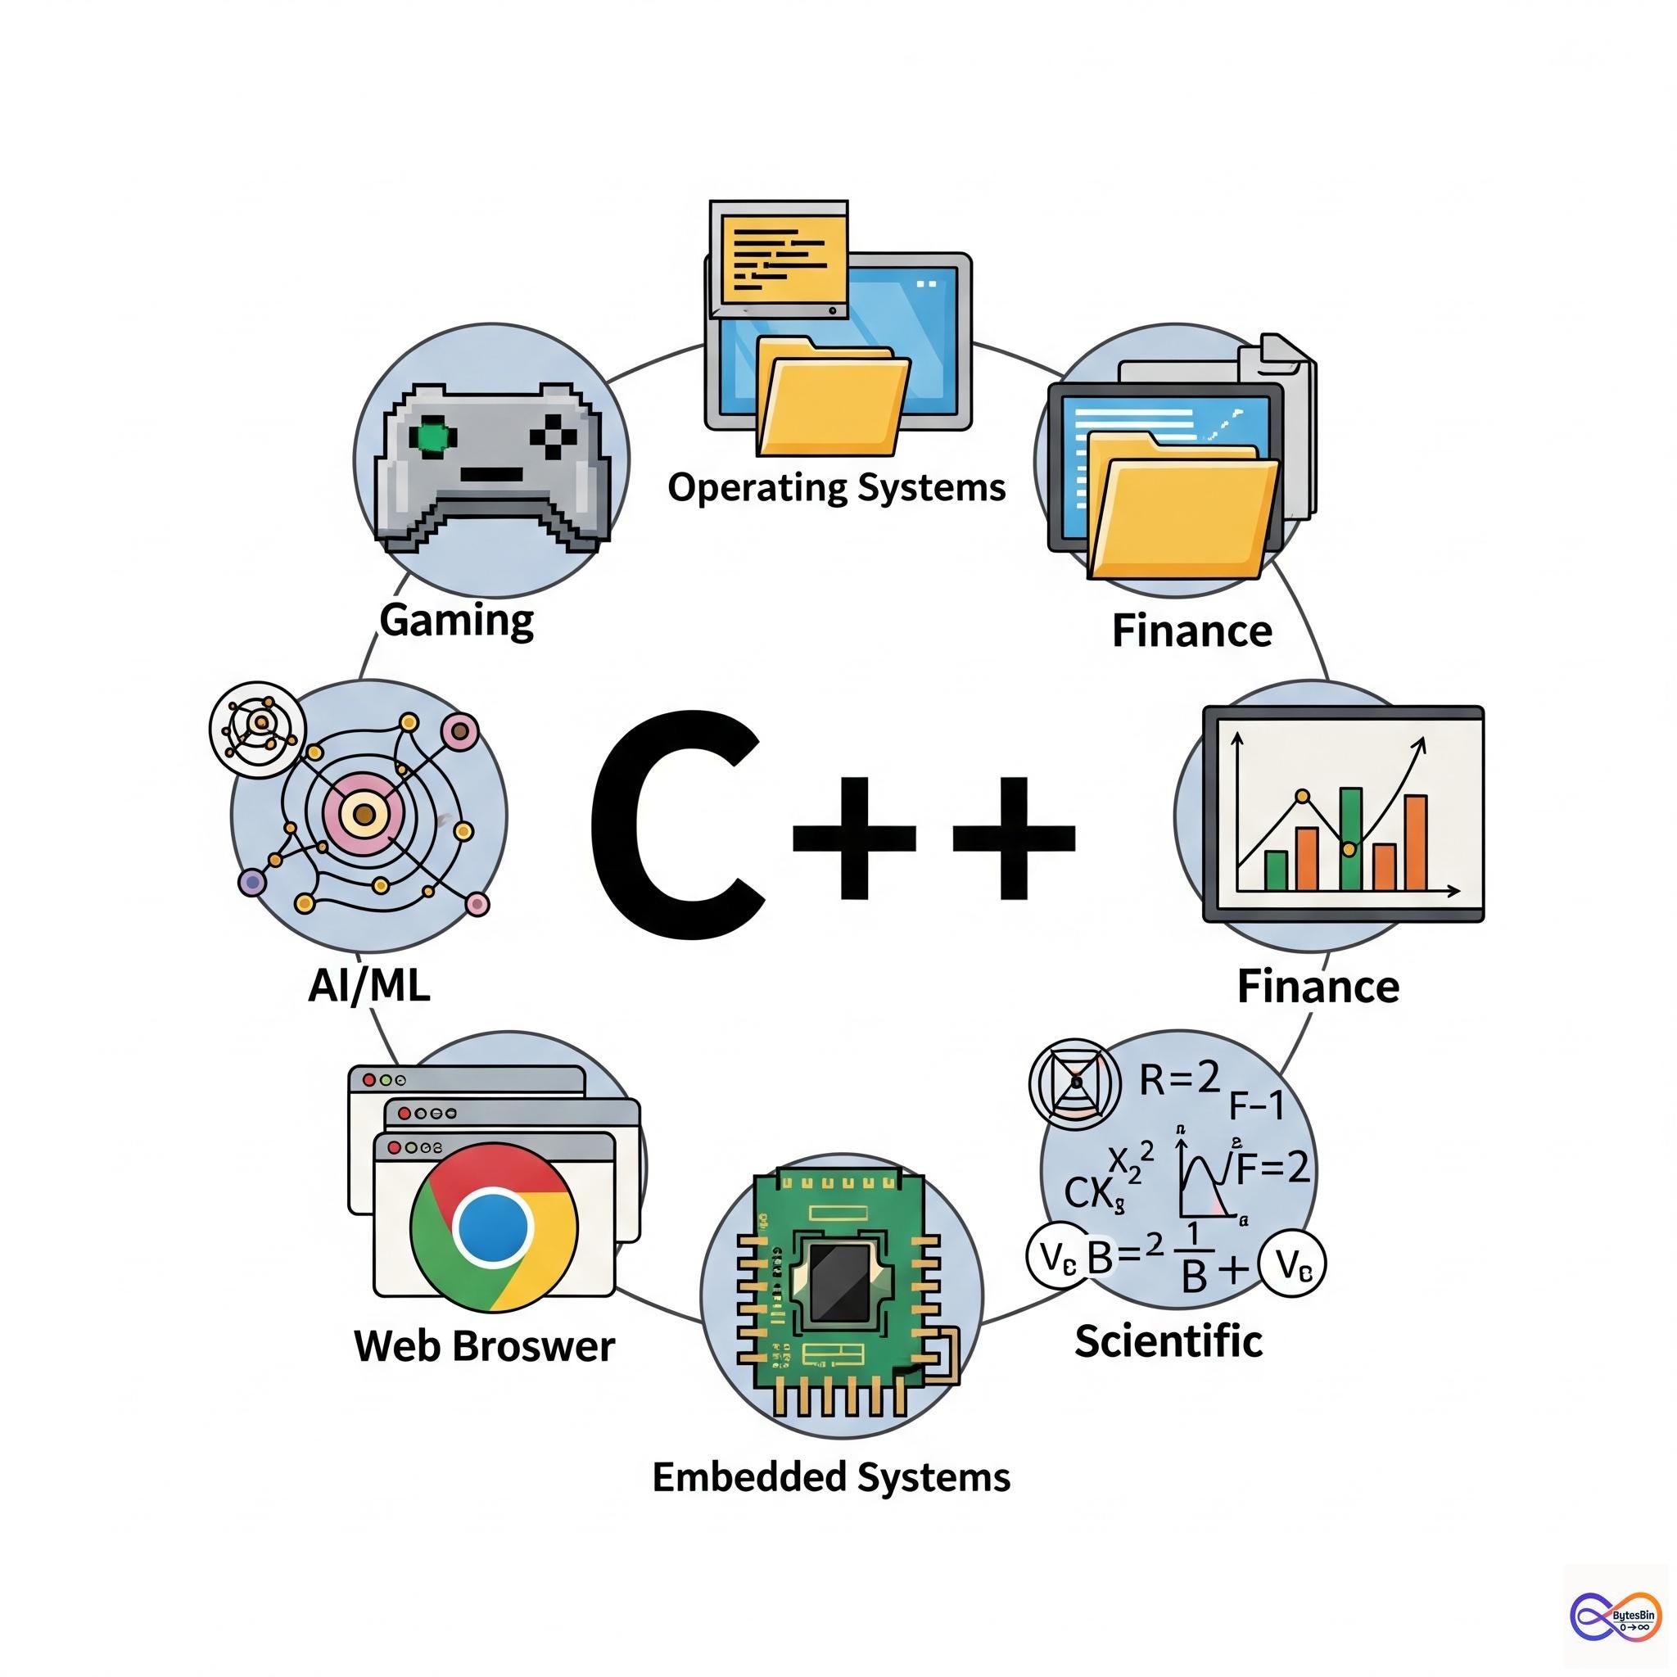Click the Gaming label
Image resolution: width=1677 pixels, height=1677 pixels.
[x=457, y=620]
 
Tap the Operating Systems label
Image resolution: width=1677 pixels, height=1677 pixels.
[x=836, y=487]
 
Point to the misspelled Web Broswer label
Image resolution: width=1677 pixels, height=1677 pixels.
[x=485, y=1346]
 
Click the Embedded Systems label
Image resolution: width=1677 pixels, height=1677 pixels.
[x=830, y=1476]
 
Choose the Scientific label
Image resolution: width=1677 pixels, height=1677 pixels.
[x=1168, y=1341]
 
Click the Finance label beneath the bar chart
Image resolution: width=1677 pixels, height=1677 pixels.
[x=1318, y=987]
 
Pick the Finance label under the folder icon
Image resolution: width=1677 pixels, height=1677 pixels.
[x=1191, y=631]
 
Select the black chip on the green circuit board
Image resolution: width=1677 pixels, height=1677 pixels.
[x=838, y=1281]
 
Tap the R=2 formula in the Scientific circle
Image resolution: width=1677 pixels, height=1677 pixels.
[x=1180, y=1079]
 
